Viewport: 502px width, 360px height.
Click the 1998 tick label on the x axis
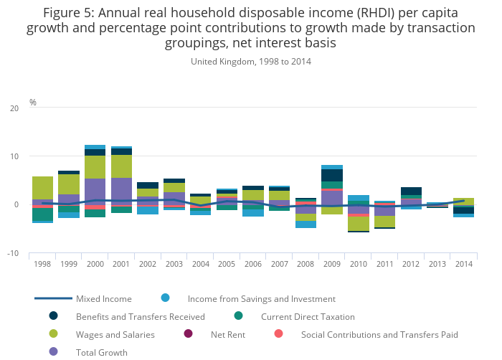pos(42,264)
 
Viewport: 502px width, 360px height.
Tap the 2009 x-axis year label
pos(331,264)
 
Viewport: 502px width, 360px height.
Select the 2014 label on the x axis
pos(463,264)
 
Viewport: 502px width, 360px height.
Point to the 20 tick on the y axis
pos(14,108)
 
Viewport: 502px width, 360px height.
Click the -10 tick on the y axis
pos(13,253)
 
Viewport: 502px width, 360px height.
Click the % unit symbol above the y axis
pos(33,103)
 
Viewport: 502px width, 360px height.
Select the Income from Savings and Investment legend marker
pos(166,298)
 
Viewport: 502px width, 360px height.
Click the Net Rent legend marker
pos(189,334)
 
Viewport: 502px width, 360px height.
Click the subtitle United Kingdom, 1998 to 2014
pos(251,62)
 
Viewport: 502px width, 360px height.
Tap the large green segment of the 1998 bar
pos(42,188)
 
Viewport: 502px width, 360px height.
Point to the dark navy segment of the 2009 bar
pos(331,175)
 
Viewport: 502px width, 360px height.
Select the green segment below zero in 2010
pos(358,224)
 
